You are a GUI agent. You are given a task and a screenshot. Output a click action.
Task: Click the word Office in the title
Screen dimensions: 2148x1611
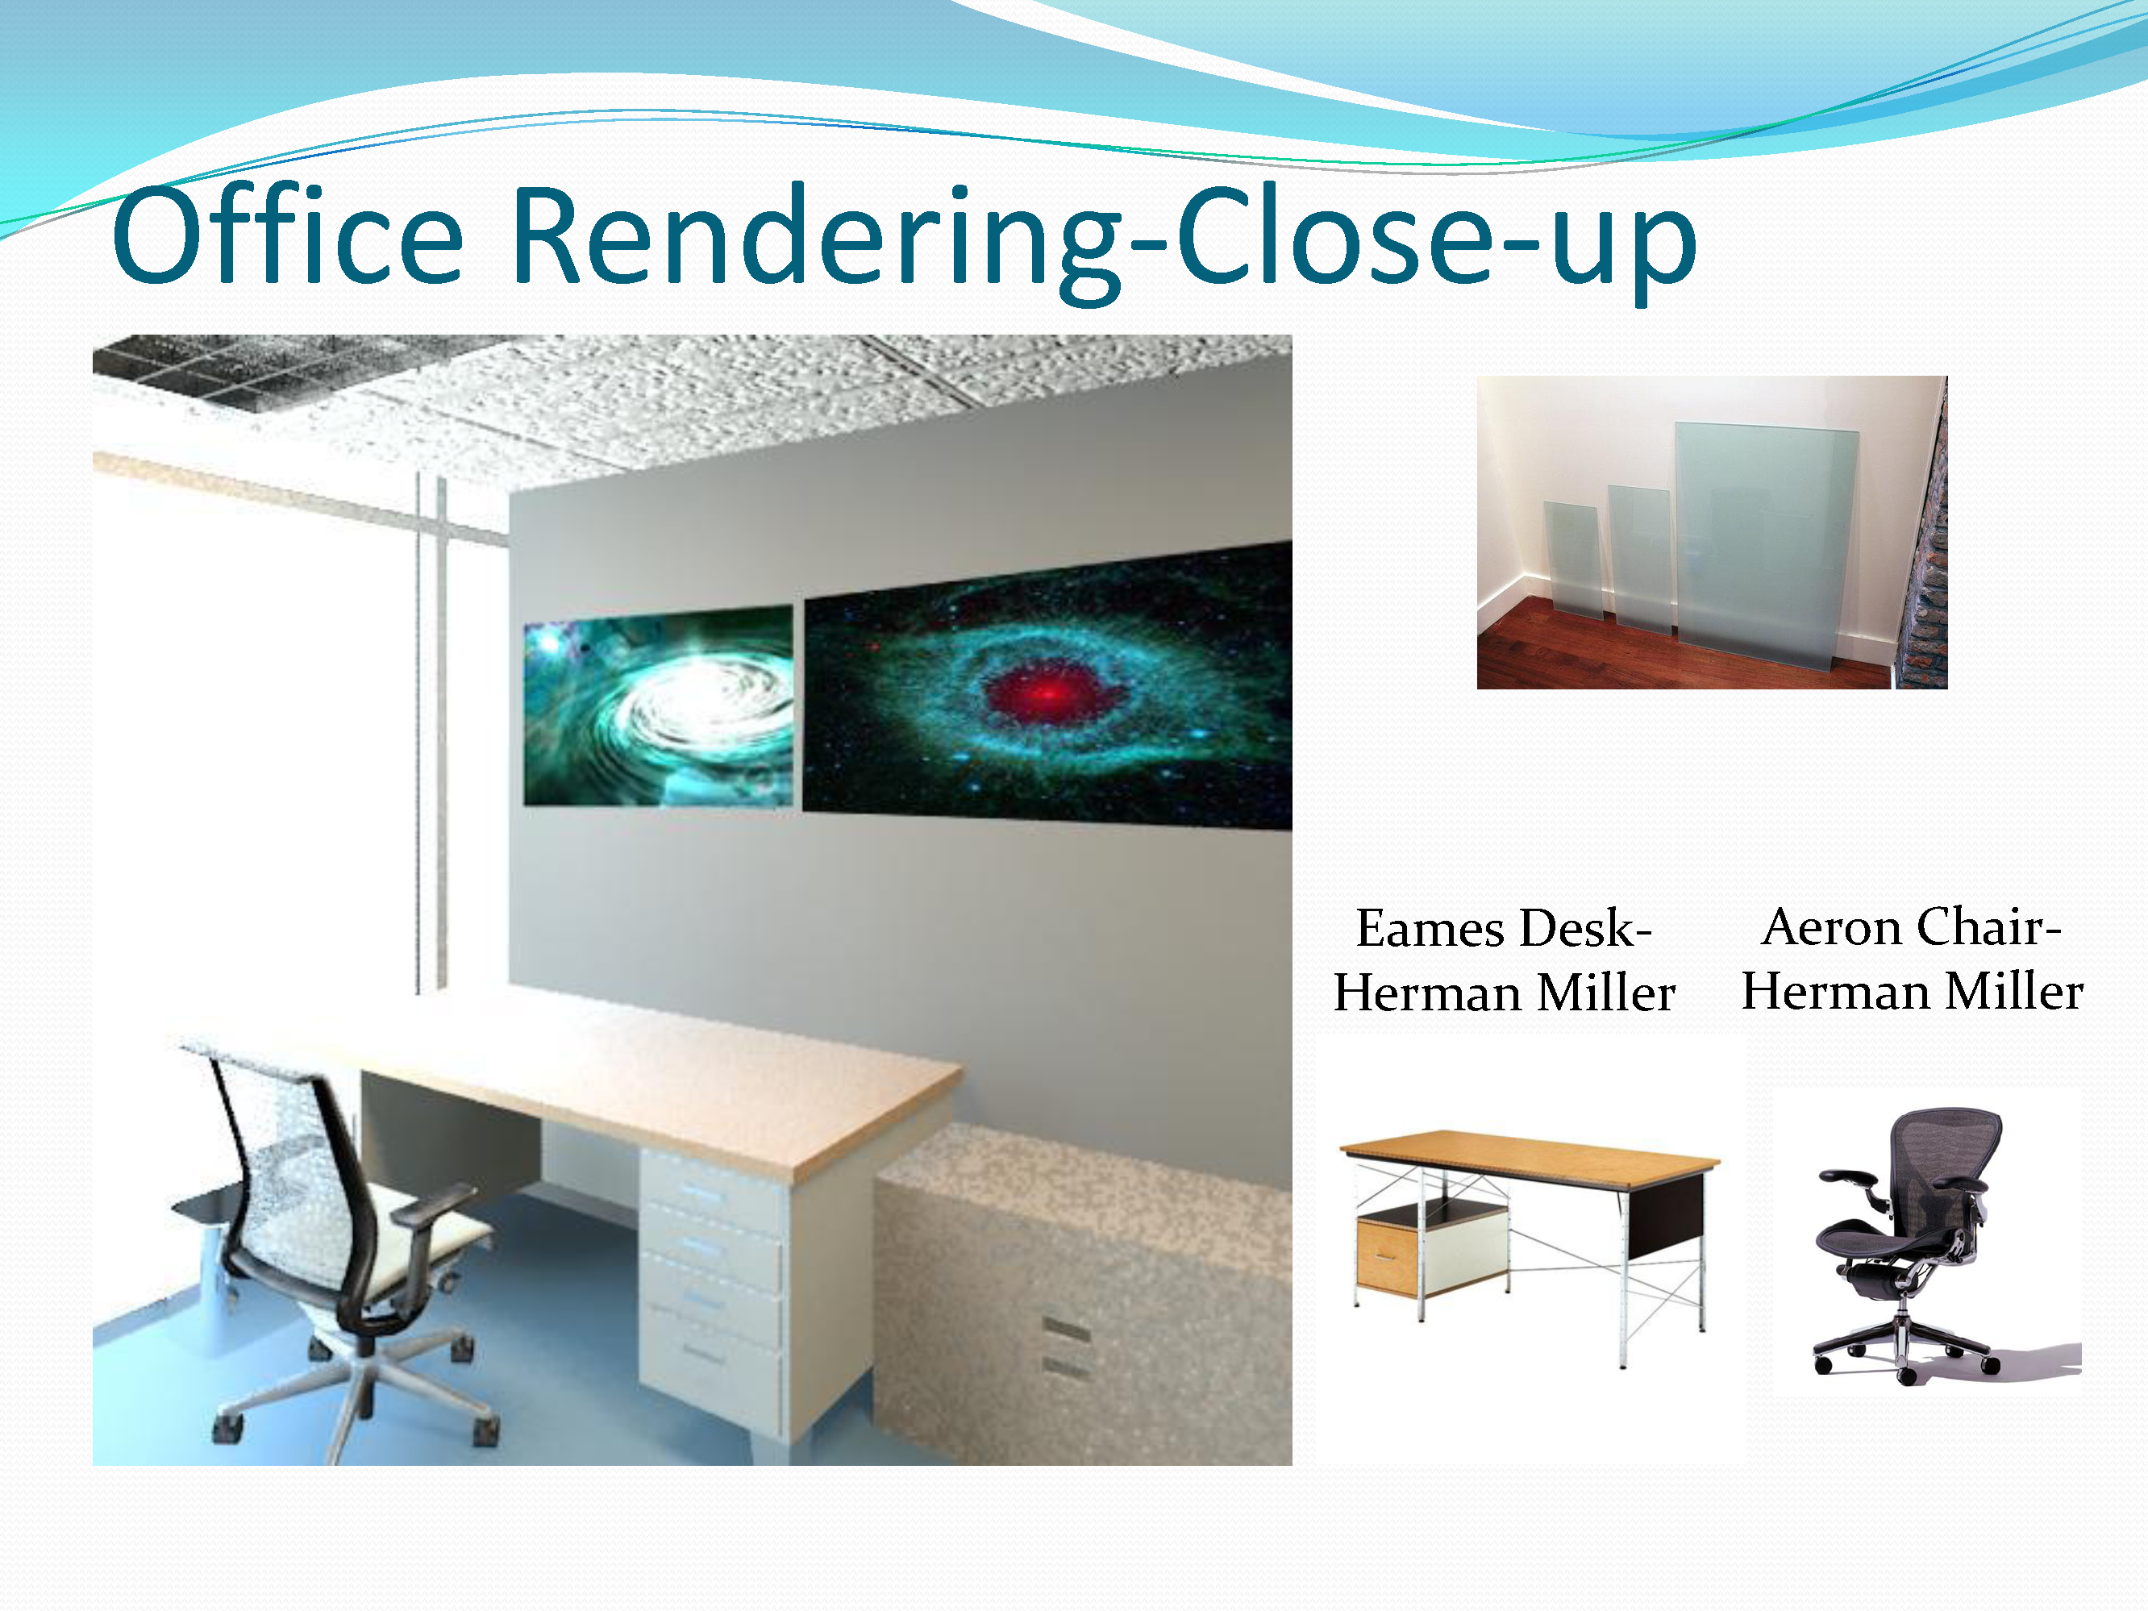[287, 236]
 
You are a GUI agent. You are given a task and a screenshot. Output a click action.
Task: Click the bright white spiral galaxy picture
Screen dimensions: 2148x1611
[659, 706]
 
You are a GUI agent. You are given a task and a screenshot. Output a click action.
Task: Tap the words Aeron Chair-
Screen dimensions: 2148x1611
[1911, 926]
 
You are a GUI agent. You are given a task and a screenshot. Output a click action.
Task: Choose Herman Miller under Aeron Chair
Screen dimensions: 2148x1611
[1912, 992]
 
